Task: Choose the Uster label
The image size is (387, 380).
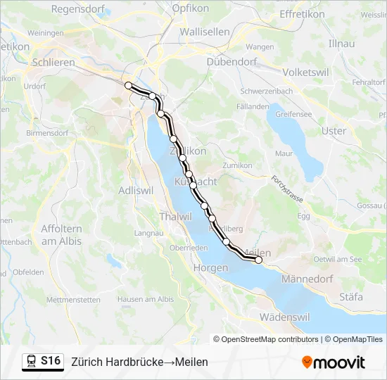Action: (x=334, y=131)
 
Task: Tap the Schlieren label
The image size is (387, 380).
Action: (x=53, y=63)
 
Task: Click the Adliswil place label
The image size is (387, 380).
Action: (x=136, y=190)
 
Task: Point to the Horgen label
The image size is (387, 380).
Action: (x=210, y=268)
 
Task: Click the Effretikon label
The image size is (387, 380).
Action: (x=302, y=14)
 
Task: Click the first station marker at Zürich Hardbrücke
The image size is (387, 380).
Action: (x=128, y=85)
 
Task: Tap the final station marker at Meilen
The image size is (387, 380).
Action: (x=258, y=260)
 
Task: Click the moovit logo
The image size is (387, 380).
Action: (x=334, y=362)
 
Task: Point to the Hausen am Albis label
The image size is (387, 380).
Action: (x=145, y=299)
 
